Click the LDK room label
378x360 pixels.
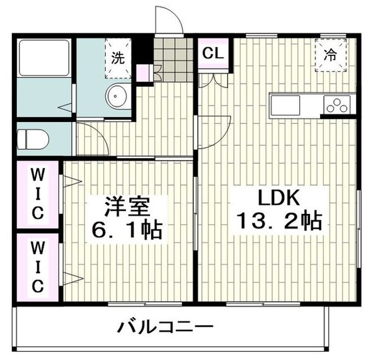point(277,201)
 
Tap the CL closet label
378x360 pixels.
point(213,53)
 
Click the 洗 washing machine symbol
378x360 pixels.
point(118,57)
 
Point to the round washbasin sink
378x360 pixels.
point(117,96)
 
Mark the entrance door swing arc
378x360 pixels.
point(169,22)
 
